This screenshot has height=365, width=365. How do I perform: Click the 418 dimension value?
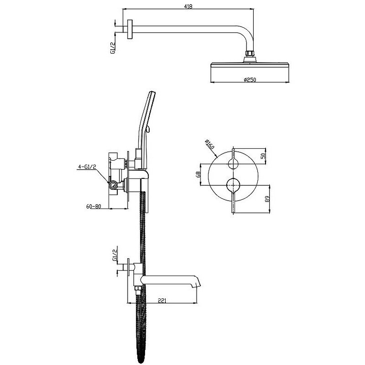pos(188,6)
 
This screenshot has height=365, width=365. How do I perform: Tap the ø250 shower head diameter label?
pos(250,80)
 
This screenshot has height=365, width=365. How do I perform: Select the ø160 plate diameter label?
pos(209,145)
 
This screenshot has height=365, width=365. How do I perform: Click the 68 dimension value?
pos(198,175)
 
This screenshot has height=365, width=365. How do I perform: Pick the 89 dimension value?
pos(267,198)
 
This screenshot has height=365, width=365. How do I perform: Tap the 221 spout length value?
pos(162,301)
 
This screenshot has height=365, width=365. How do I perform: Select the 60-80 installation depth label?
pos(94,206)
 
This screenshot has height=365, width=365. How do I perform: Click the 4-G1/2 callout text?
pos(87,167)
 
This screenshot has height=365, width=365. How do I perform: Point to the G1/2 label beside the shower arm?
pos(113,48)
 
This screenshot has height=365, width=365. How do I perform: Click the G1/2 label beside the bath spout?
pos(115,255)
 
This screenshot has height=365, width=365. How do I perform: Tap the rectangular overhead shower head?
pos(250,65)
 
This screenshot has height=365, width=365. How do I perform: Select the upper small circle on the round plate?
pos(233,164)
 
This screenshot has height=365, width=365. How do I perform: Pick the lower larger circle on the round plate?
pos(233,185)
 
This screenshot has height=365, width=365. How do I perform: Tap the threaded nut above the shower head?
pos(250,54)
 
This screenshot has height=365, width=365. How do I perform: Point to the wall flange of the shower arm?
pos(130,29)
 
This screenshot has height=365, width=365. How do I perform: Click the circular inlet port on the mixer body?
pos(113,185)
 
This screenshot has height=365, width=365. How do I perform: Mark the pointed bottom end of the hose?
pos(141,361)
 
